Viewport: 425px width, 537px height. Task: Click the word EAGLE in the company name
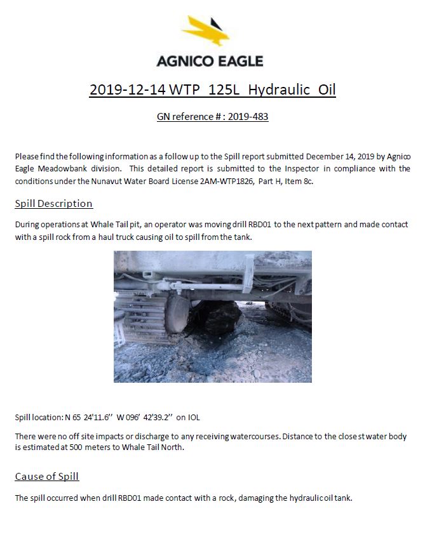pyautogui.click(x=238, y=62)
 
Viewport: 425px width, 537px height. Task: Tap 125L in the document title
pyautogui.click(x=224, y=89)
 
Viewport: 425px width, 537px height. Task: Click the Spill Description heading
pyautogui.click(x=54, y=204)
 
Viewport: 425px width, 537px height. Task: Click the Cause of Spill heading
pyautogui.click(x=47, y=476)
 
